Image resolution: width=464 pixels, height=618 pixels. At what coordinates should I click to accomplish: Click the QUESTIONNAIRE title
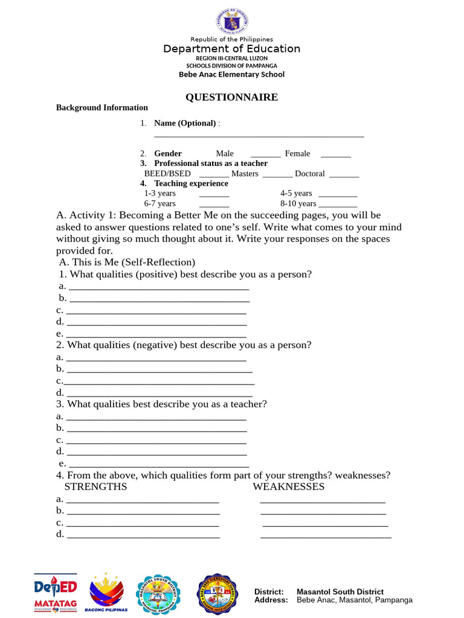tap(231, 97)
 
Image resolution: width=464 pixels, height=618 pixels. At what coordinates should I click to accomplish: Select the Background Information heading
tap(102, 107)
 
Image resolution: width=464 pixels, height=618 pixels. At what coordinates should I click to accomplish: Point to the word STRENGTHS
tap(95, 486)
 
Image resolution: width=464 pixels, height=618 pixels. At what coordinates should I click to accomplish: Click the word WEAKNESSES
tap(288, 486)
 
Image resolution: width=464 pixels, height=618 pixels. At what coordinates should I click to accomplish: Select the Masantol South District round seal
tap(158, 594)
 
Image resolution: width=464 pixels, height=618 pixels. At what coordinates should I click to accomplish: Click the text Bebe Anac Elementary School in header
tap(231, 74)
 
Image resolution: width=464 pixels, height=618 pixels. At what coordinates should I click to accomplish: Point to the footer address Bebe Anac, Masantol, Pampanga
tap(355, 600)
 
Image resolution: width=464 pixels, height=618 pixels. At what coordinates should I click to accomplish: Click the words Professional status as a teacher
tap(210, 163)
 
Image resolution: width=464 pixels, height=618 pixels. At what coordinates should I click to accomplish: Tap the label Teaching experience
tap(191, 183)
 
